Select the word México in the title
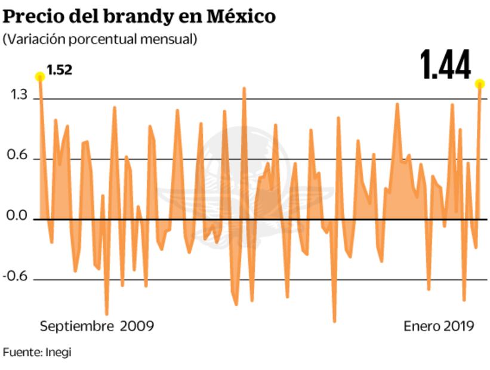pyautogui.click(x=241, y=16)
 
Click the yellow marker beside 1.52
pyautogui.click(x=40, y=76)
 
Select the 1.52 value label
pyautogui.click(x=59, y=70)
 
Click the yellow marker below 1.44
pyautogui.click(x=480, y=84)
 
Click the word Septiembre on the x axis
pyautogui.click(x=76, y=326)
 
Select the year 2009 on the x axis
pyautogui.click(x=137, y=326)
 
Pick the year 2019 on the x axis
pyautogui.click(x=458, y=326)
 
